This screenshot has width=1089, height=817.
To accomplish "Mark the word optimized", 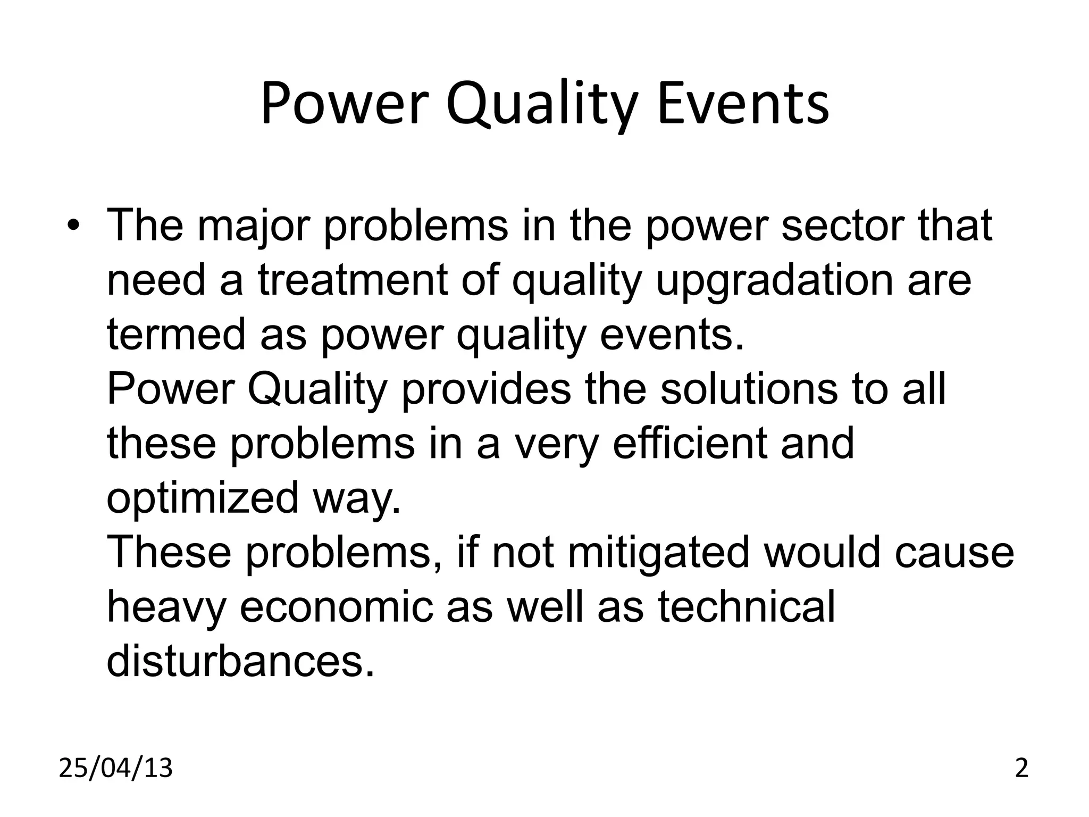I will click(202, 499).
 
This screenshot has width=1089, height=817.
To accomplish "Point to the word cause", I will click(954, 553).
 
